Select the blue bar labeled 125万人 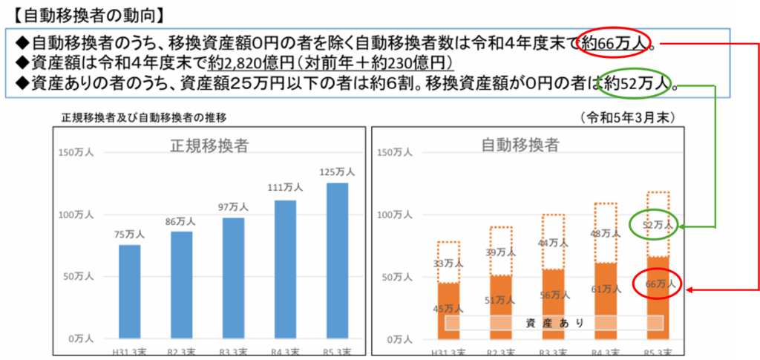pos(338,260)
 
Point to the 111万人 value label pos(285,187)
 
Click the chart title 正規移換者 pos(209,145)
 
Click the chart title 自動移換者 pos(520,145)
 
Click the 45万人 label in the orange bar pos(448,309)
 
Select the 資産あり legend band pos(554,323)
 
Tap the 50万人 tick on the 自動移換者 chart pos(394,277)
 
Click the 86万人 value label pos(181,220)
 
